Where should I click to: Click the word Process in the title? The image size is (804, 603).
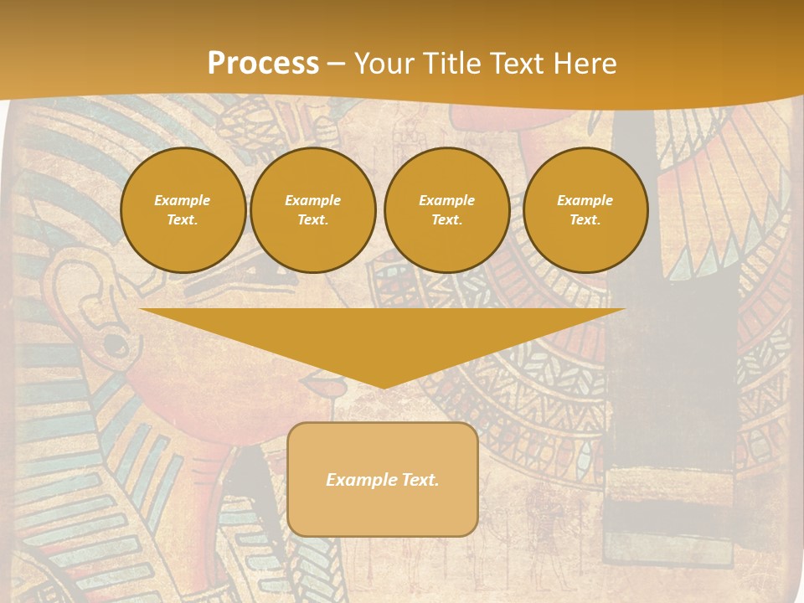click(x=263, y=64)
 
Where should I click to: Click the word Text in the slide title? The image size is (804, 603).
click(x=519, y=64)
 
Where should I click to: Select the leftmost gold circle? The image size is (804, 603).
click(x=183, y=210)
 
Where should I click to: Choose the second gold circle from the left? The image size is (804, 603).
click(x=313, y=210)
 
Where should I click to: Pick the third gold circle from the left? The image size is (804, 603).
click(x=446, y=210)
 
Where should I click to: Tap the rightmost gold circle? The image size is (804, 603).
click(x=585, y=210)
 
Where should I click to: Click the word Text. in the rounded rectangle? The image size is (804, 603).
click(x=418, y=480)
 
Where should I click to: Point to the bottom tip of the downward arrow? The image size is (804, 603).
click(x=383, y=387)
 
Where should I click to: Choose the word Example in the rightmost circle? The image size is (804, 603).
click(x=585, y=200)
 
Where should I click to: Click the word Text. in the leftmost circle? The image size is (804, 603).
click(x=183, y=220)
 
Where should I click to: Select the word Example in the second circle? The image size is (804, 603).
click(x=313, y=200)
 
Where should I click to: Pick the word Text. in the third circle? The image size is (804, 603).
click(x=446, y=220)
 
